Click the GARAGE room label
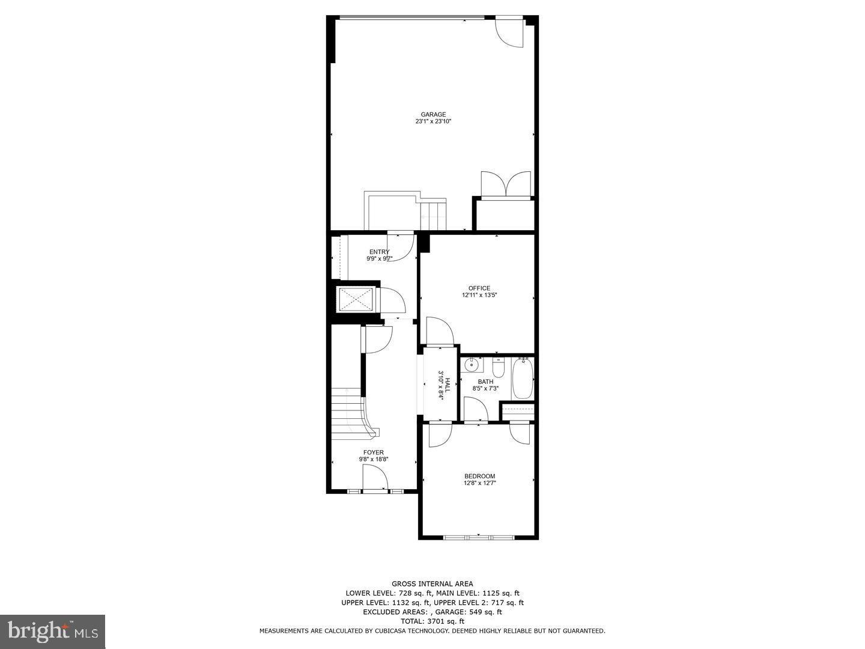coord(432,114)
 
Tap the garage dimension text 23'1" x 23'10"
coord(432,121)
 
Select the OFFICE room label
coord(479,288)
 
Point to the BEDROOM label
coord(479,476)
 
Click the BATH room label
coord(485,382)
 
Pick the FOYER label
coord(373,452)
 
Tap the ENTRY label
coord(379,252)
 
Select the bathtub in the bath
coord(522,379)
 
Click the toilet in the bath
coord(498,367)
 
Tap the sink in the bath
coord(472,364)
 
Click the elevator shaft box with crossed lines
coord(356,299)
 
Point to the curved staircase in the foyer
coord(354,412)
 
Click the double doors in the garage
coord(506,184)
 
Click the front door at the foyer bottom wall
coord(375,481)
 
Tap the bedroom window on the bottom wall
coord(479,537)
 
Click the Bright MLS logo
coord(53,631)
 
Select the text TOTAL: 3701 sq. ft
coord(432,621)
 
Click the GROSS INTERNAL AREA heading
coord(432,583)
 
